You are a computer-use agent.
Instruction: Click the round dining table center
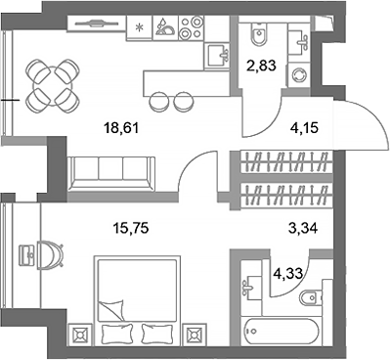(x=50, y=84)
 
